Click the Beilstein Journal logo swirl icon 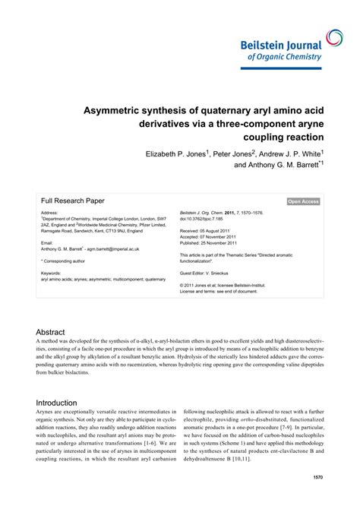click(334, 37)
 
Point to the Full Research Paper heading click(73, 201)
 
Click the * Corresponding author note click(68, 260)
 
